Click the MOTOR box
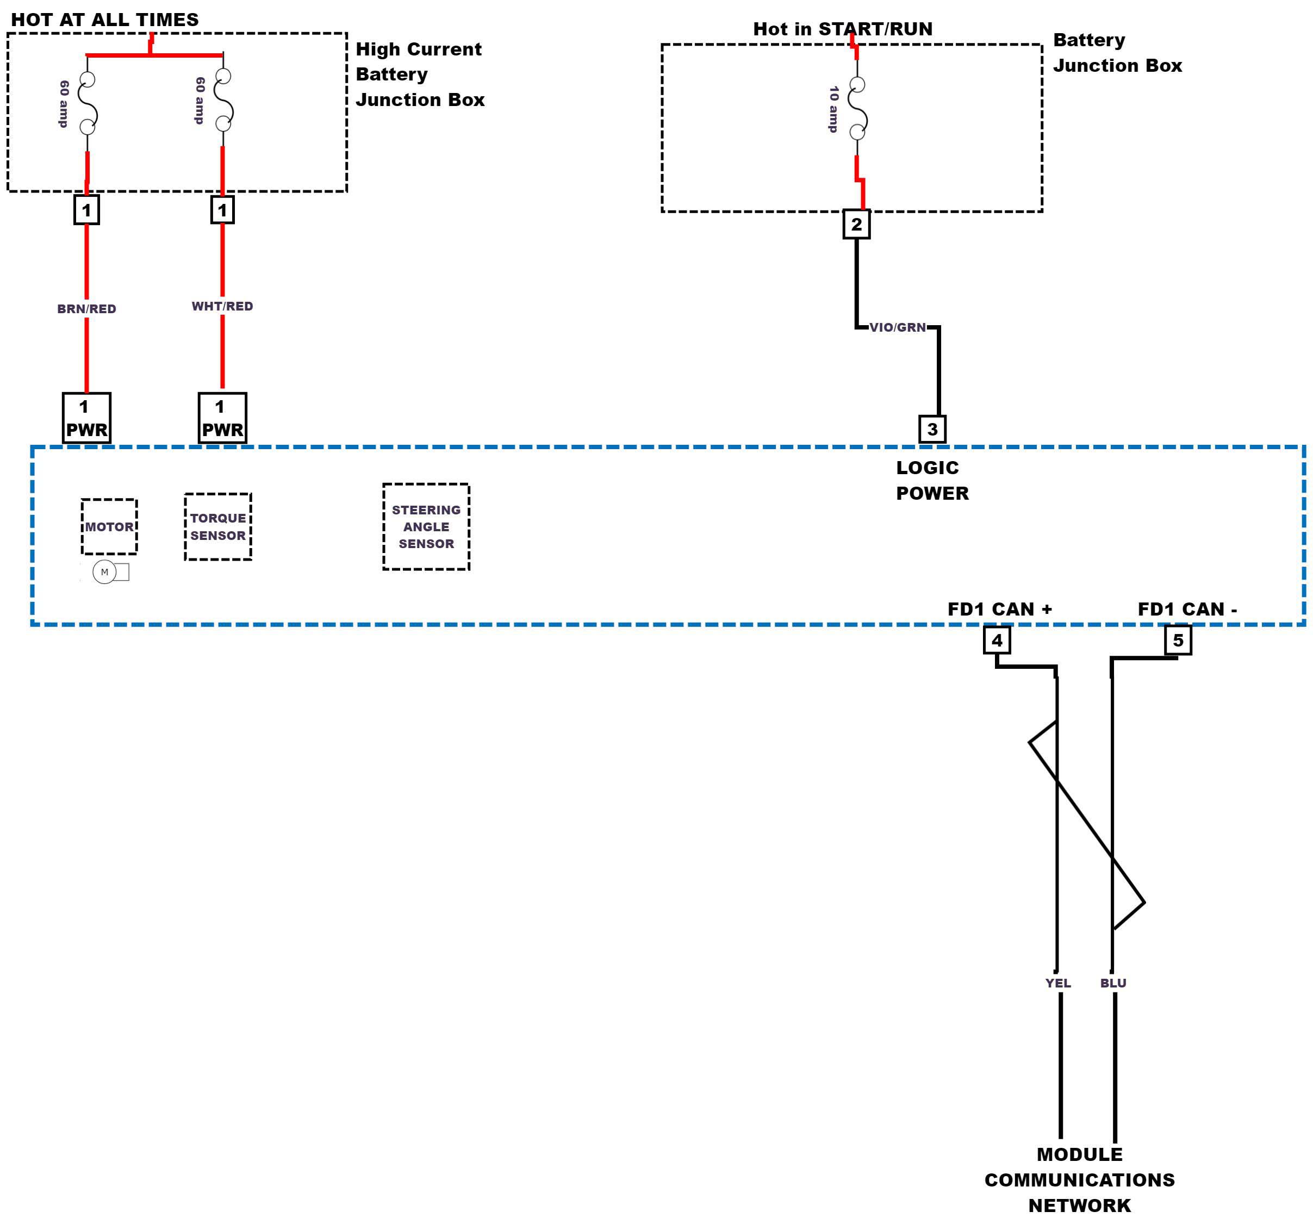[109, 526]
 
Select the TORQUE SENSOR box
[218, 526]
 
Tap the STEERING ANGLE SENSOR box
[426, 526]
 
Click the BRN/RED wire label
[86, 308]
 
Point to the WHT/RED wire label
[222, 306]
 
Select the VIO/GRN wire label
[897, 327]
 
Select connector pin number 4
[997, 639]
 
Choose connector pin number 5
[1178, 639]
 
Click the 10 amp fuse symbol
[857, 108]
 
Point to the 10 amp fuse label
[834, 109]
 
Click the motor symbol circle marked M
[104, 572]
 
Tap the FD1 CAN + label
[999, 609]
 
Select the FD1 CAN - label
[1187, 609]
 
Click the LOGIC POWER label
[932, 480]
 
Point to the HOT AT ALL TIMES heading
[105, 20]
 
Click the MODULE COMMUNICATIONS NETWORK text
[1079, 1180]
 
